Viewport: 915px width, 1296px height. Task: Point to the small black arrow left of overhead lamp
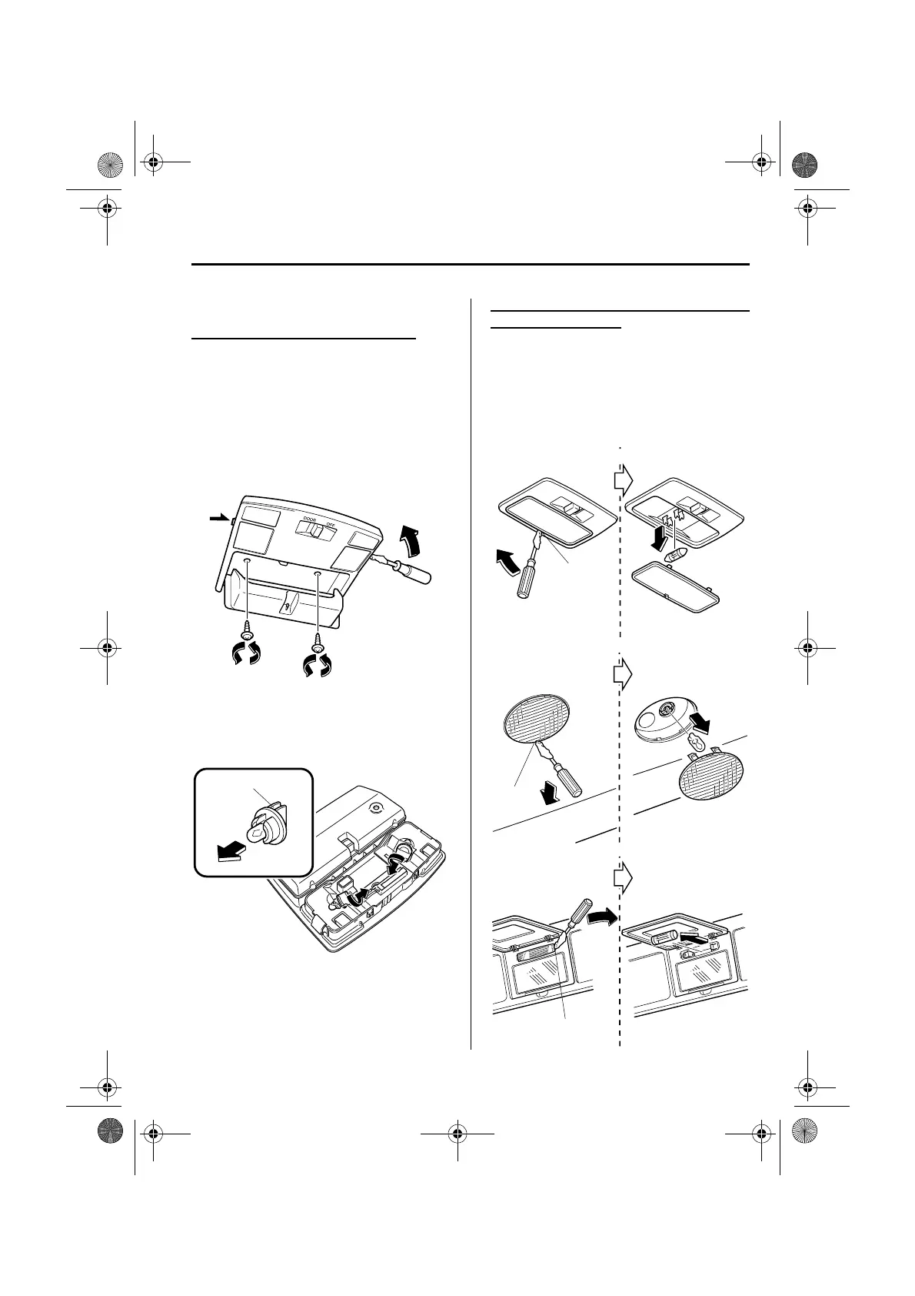click(x=219, y=520)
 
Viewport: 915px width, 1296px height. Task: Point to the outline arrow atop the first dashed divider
click(x=623, y=480)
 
